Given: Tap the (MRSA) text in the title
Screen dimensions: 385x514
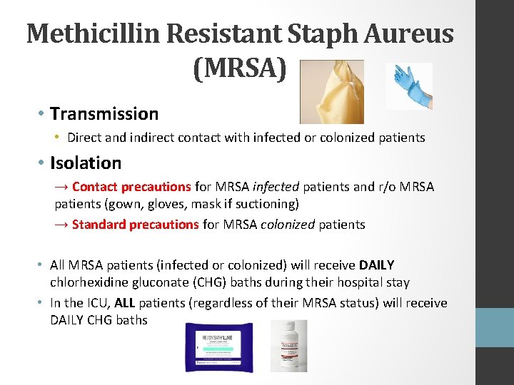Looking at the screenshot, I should (x=240, y=68).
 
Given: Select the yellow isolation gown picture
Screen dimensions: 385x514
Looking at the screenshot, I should (x=331, y=91).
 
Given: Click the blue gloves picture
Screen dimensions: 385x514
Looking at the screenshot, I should (x=408, y=86).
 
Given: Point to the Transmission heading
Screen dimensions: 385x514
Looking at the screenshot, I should (x=104, y=113).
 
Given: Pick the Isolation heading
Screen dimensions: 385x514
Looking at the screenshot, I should (x=86, y=163).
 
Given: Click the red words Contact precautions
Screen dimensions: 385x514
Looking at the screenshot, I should (x=131, y=187).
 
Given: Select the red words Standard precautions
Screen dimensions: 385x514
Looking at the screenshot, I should (x=135, y=225).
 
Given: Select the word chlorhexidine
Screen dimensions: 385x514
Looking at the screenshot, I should (x=84, y=282).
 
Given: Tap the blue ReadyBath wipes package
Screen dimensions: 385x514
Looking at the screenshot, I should (x=218, y=346).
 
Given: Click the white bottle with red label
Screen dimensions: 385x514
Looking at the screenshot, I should (x=288, y=346).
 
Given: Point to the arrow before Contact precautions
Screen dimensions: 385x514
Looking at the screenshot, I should (x=61, y=187).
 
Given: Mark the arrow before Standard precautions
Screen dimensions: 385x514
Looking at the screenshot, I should (x=61, y=225).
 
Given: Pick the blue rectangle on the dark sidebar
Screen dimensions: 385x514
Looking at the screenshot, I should (x=494, y=328).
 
